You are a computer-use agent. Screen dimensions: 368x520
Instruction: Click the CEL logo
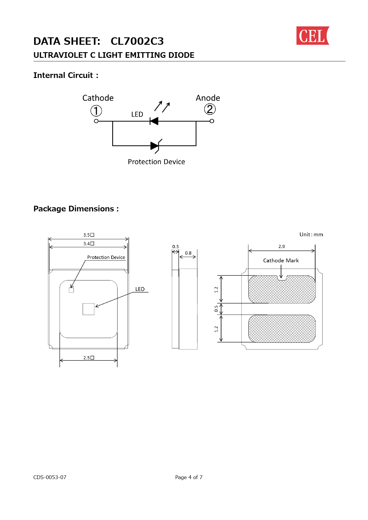click(x=313, y=36)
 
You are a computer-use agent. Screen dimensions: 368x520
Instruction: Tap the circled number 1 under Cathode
click(x=96, y=111)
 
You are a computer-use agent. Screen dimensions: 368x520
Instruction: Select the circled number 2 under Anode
click(x=210, y=109)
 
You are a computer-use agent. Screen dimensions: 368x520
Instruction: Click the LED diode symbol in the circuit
click(x=154, y=121)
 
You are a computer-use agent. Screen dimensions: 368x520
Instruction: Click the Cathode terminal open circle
click(x=96, y=121)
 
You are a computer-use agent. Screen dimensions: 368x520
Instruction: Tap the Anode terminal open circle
click(x=212, y=121)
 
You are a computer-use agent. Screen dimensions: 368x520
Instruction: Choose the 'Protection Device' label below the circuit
click(x=156, y=162)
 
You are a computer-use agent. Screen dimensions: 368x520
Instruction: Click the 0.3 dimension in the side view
click(x=175, y=247)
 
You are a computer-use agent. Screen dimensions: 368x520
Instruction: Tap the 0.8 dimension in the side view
click(x=188, y=253)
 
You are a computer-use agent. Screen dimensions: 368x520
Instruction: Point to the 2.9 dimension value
click(x=282, y=246)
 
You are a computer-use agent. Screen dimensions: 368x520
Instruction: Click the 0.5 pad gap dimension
click(x=216, y=309)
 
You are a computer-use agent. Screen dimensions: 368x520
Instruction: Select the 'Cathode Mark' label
click(x=281, y=261)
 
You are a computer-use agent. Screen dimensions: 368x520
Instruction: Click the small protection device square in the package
click(x=71, y=290)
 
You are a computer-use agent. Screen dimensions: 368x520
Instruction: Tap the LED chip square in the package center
click(x=88, y=309)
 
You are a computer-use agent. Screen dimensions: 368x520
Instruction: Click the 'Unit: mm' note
click(x=311, y=235)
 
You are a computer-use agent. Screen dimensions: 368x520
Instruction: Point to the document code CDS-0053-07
click(x=50, y=477)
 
